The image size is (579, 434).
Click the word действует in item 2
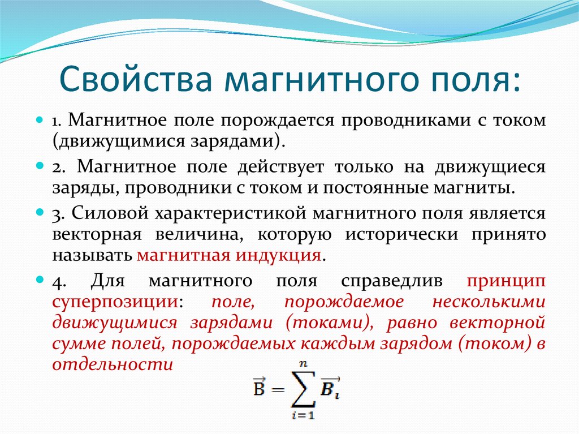[280, 167]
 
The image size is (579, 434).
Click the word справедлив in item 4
[392, 281]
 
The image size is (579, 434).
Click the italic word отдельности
[113, 364]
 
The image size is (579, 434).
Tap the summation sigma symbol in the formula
[304, 389]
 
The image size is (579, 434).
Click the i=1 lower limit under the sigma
[304, 415]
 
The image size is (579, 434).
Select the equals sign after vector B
[277, 390]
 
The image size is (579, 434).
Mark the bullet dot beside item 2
[40, 166]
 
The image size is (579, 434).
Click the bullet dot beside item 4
[40, 280]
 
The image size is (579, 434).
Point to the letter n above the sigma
[303, 364]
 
